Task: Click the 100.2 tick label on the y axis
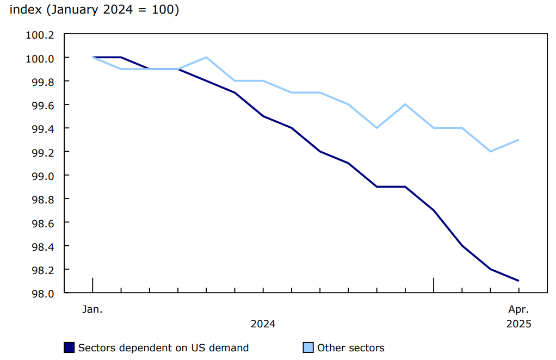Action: pos(40,35)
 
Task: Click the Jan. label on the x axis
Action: pos(92,309)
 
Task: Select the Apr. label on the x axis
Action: pos(518,309)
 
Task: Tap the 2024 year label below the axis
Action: pos(263,324)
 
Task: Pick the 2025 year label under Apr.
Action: pos(518,324)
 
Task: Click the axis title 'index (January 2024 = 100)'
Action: pos(94,10)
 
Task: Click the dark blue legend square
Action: pos(69,348)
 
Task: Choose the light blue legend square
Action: pos(308,348)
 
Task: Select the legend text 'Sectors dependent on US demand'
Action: pos(163,348)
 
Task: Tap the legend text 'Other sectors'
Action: pos(350,348)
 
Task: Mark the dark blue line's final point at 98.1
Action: pos(518,281)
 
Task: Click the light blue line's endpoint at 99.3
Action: pos(518,140)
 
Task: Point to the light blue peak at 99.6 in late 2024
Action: pos(405,104)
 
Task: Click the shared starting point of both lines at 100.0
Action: pos(93,57)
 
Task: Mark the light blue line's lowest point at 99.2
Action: pos(490,151)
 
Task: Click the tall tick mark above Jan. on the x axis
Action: pos(92,285)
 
